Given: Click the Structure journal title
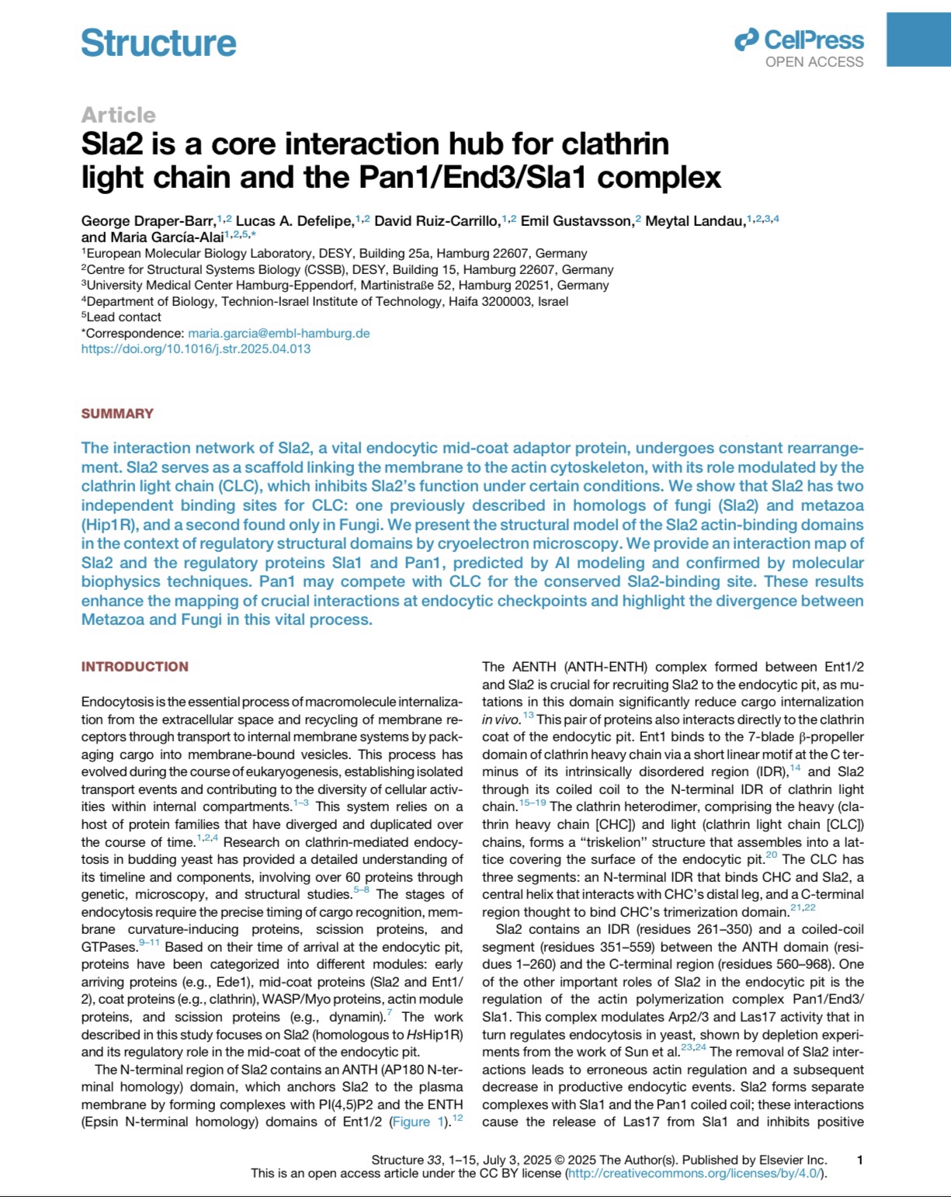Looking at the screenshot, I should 158,43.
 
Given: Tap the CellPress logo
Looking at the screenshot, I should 799,40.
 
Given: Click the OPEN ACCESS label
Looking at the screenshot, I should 814,62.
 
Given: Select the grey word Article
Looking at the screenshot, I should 118,115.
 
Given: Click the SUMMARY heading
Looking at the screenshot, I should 117,414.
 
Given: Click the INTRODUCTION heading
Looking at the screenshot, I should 134,667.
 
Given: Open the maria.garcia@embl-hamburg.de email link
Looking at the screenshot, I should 279,333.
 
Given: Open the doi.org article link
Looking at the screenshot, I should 196,349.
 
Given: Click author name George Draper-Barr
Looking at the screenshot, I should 148,221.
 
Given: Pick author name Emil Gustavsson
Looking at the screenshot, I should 577,221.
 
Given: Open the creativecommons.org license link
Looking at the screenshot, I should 696,1173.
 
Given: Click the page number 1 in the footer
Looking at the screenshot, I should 859,1161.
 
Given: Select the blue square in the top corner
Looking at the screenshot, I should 918,33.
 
